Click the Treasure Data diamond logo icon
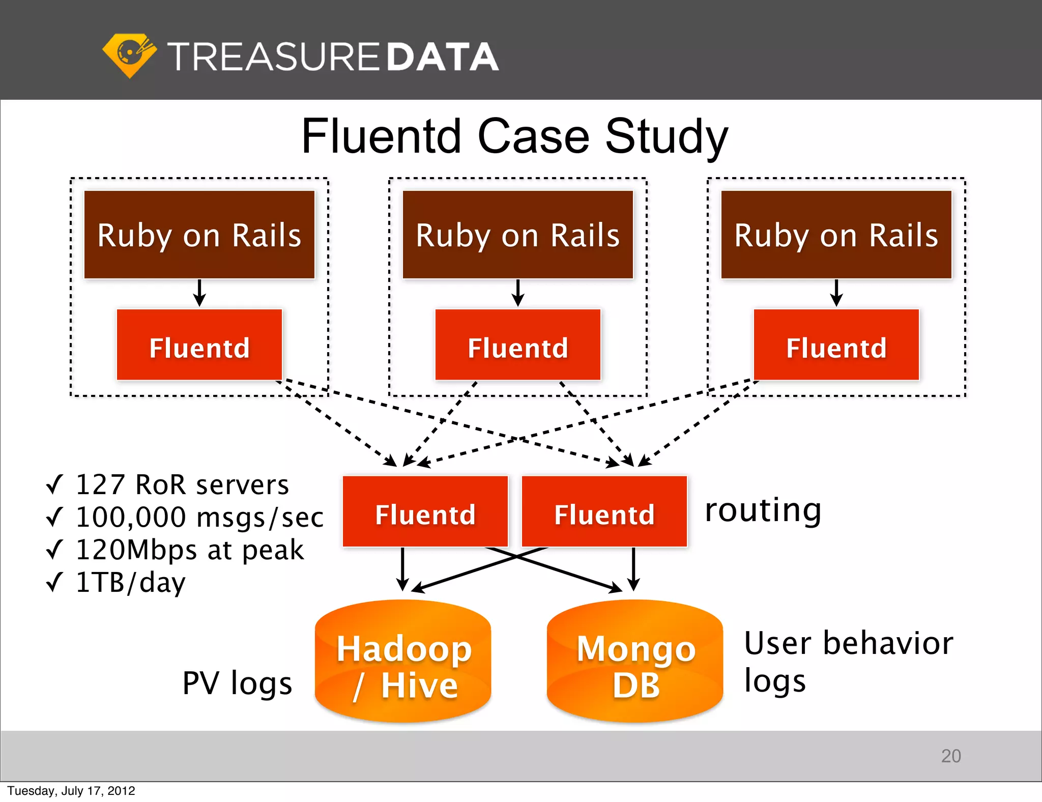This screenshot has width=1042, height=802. [129, 55]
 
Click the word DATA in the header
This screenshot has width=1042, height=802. [442, 56]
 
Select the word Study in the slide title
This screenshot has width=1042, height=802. [667, 136]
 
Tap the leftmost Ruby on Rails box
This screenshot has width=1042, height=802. [199, 235]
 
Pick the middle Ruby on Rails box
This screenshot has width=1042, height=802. [517, 235]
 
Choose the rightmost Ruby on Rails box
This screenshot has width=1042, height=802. [836, 235]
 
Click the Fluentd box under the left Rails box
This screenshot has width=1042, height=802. [199, 345]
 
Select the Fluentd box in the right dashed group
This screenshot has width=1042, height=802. [836, 345]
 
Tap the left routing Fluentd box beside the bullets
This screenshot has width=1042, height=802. [425, 511]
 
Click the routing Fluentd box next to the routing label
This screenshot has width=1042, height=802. [604, 511]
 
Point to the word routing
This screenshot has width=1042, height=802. [763, 510]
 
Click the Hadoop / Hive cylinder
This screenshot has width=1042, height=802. [403, 662]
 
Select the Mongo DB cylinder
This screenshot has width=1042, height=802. [635, 662]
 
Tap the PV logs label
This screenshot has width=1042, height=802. [237, 683]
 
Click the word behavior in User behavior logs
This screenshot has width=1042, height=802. [888, 643]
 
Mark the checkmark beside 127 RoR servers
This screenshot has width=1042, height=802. [54, 484]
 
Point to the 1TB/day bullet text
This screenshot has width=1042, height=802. [130, 583]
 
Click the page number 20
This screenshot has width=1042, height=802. [950, 756]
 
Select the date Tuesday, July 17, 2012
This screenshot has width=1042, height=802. [71, 791]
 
